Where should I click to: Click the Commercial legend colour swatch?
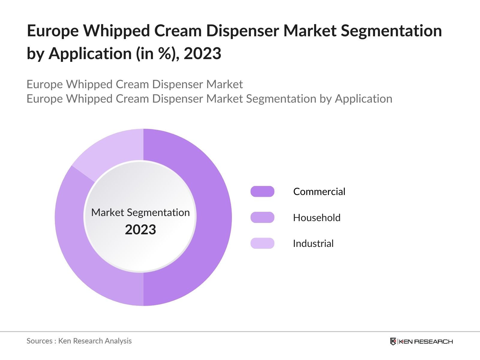click(262, 191)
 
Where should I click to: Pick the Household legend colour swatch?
click(262, 217)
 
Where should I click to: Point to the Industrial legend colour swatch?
click(262, 243)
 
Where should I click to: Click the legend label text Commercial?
click(319, 191)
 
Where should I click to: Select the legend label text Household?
click(316, 217)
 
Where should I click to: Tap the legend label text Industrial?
click(313, 243)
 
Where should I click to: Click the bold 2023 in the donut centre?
click(140, 230)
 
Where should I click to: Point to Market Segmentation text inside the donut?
click(140, 212)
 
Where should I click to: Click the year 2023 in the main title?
click(202, 54)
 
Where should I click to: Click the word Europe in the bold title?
click(53, 31)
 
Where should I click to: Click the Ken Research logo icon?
click(393, 341)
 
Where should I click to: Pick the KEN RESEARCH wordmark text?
click(425, 341)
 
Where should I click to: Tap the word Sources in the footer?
click(39, 341)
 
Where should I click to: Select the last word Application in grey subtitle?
click(363, 99)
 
